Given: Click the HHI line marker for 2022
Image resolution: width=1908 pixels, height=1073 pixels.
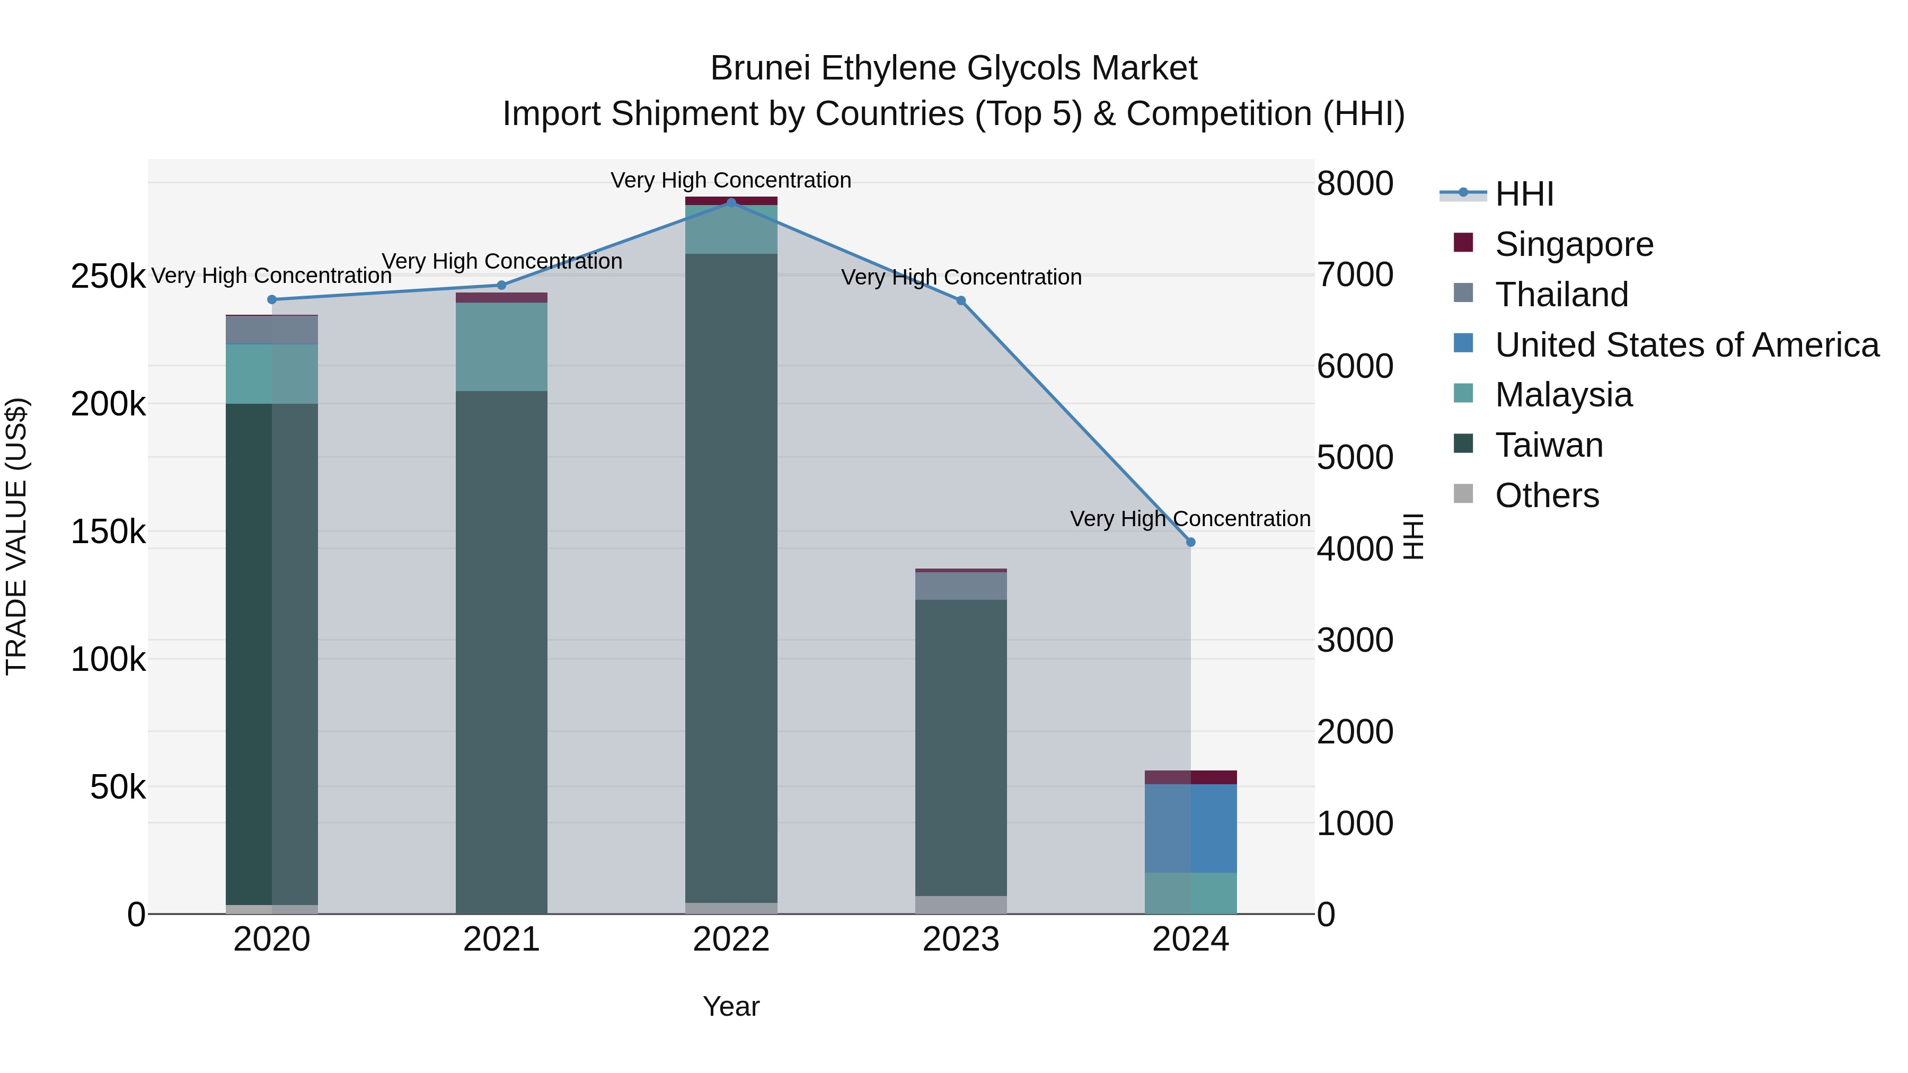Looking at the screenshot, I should click(731, 202).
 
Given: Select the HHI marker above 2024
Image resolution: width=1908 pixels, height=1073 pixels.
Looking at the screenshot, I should click(1190, 542).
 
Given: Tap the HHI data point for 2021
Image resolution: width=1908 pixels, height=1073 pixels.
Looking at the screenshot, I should click(501, 285).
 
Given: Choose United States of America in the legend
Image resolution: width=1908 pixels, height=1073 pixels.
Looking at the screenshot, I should click(1686, 345).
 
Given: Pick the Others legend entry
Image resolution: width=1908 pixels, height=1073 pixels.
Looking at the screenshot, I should click(1547, 495).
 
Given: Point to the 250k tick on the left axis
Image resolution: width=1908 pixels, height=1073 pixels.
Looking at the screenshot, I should click(108, 277).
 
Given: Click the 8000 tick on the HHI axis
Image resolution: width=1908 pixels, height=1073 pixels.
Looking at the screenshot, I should click(1355, 184).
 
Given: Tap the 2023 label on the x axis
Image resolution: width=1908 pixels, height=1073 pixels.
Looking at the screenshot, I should click(961, 939).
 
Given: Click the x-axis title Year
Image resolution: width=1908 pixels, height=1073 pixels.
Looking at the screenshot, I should click(731, 1006).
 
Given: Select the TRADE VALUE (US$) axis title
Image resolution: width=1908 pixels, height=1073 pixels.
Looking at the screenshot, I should click(16, 536).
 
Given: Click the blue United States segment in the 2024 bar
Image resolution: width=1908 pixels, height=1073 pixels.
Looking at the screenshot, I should click(1190, 828).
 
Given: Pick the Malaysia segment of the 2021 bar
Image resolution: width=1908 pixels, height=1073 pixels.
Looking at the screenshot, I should click(501, 347).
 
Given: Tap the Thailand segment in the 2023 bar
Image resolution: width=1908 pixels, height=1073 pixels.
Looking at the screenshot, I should click(961, 586).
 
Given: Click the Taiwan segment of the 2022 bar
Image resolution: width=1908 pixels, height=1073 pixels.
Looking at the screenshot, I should click(731, 578).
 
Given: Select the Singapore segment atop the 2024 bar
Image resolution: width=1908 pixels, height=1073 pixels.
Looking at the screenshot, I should click(1190, 777).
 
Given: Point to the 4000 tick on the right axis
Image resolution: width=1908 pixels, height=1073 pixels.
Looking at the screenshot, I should click(1355, 549).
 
